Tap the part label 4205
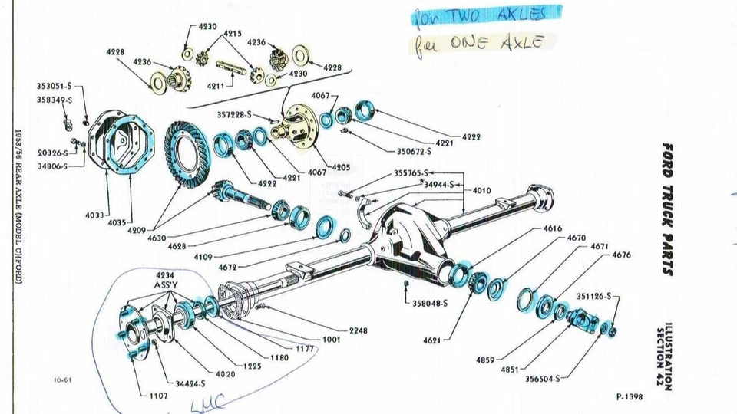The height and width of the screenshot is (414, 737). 341,166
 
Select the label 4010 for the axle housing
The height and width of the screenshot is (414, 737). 482,190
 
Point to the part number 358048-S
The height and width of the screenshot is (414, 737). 430,304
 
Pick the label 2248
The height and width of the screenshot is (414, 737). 358,330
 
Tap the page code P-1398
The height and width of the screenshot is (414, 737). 629,397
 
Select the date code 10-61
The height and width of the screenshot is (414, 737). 63,379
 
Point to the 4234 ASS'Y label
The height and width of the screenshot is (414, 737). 165,278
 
